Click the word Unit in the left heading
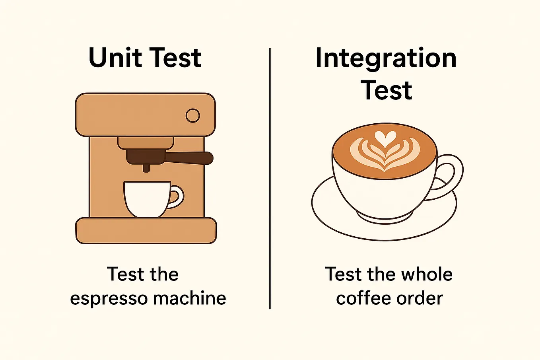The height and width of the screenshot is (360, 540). tap(115, 58)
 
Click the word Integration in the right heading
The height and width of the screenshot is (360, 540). tap(386, 58)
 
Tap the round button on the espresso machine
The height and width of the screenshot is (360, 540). tap(193, 116)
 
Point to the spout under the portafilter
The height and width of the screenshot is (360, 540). tap(146, 167)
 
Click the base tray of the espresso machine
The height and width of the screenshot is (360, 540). tap(146, 230)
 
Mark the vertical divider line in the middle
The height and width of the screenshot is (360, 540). tap(270, 179)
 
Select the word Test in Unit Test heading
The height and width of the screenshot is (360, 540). tap(175, 58)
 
